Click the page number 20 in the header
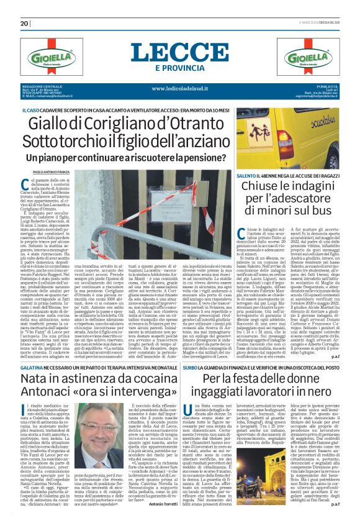click(25, 24)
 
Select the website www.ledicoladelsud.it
click(180, 88)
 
